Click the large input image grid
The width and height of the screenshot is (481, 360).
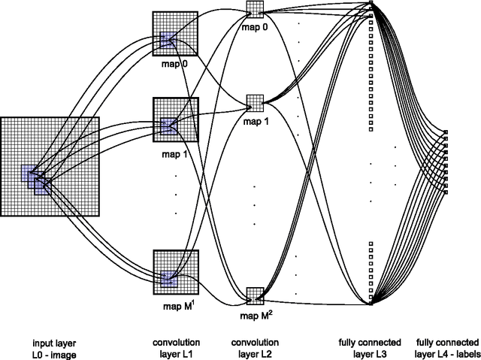(50, 166)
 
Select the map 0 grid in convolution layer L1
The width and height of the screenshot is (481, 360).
(174, 34)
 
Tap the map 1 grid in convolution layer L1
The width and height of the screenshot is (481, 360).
(174, 119)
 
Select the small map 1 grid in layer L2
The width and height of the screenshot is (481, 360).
(256, 102)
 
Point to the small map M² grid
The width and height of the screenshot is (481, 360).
(256, 295)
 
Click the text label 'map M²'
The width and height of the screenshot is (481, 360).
(256, 313)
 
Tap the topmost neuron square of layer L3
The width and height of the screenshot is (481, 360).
(372, 4)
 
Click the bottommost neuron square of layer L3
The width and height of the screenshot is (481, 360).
(372, 303)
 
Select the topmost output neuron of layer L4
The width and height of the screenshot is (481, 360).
(446, 132)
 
